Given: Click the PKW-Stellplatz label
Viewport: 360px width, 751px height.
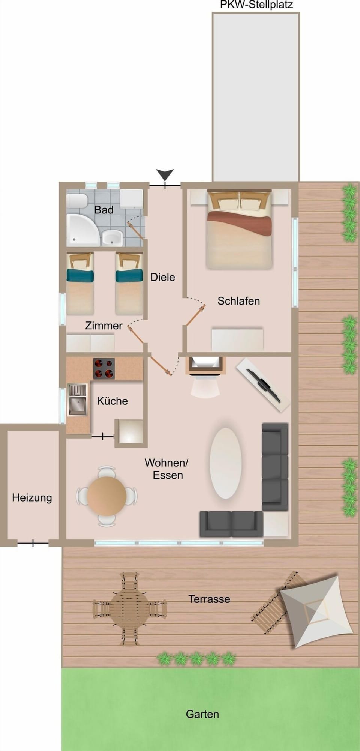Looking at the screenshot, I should (x=256, y=5).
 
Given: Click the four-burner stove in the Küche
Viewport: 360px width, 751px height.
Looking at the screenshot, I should (x=104, y=368).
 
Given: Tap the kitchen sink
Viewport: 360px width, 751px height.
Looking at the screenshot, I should (x=78, y=400).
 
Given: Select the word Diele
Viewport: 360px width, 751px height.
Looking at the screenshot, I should (x=163, y=277).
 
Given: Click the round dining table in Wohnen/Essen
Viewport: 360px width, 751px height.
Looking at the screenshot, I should (x=107, y=496).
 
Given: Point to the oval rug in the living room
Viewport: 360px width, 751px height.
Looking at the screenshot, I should (x=225, y=463).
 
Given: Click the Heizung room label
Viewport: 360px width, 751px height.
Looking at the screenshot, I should (x=32, y=498).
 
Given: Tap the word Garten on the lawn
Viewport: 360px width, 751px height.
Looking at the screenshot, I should (x=202, y=714).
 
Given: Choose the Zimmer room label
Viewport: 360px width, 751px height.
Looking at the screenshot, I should (x=103, y=326).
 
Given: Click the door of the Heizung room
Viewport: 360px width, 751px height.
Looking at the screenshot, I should (x=33, y=543).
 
